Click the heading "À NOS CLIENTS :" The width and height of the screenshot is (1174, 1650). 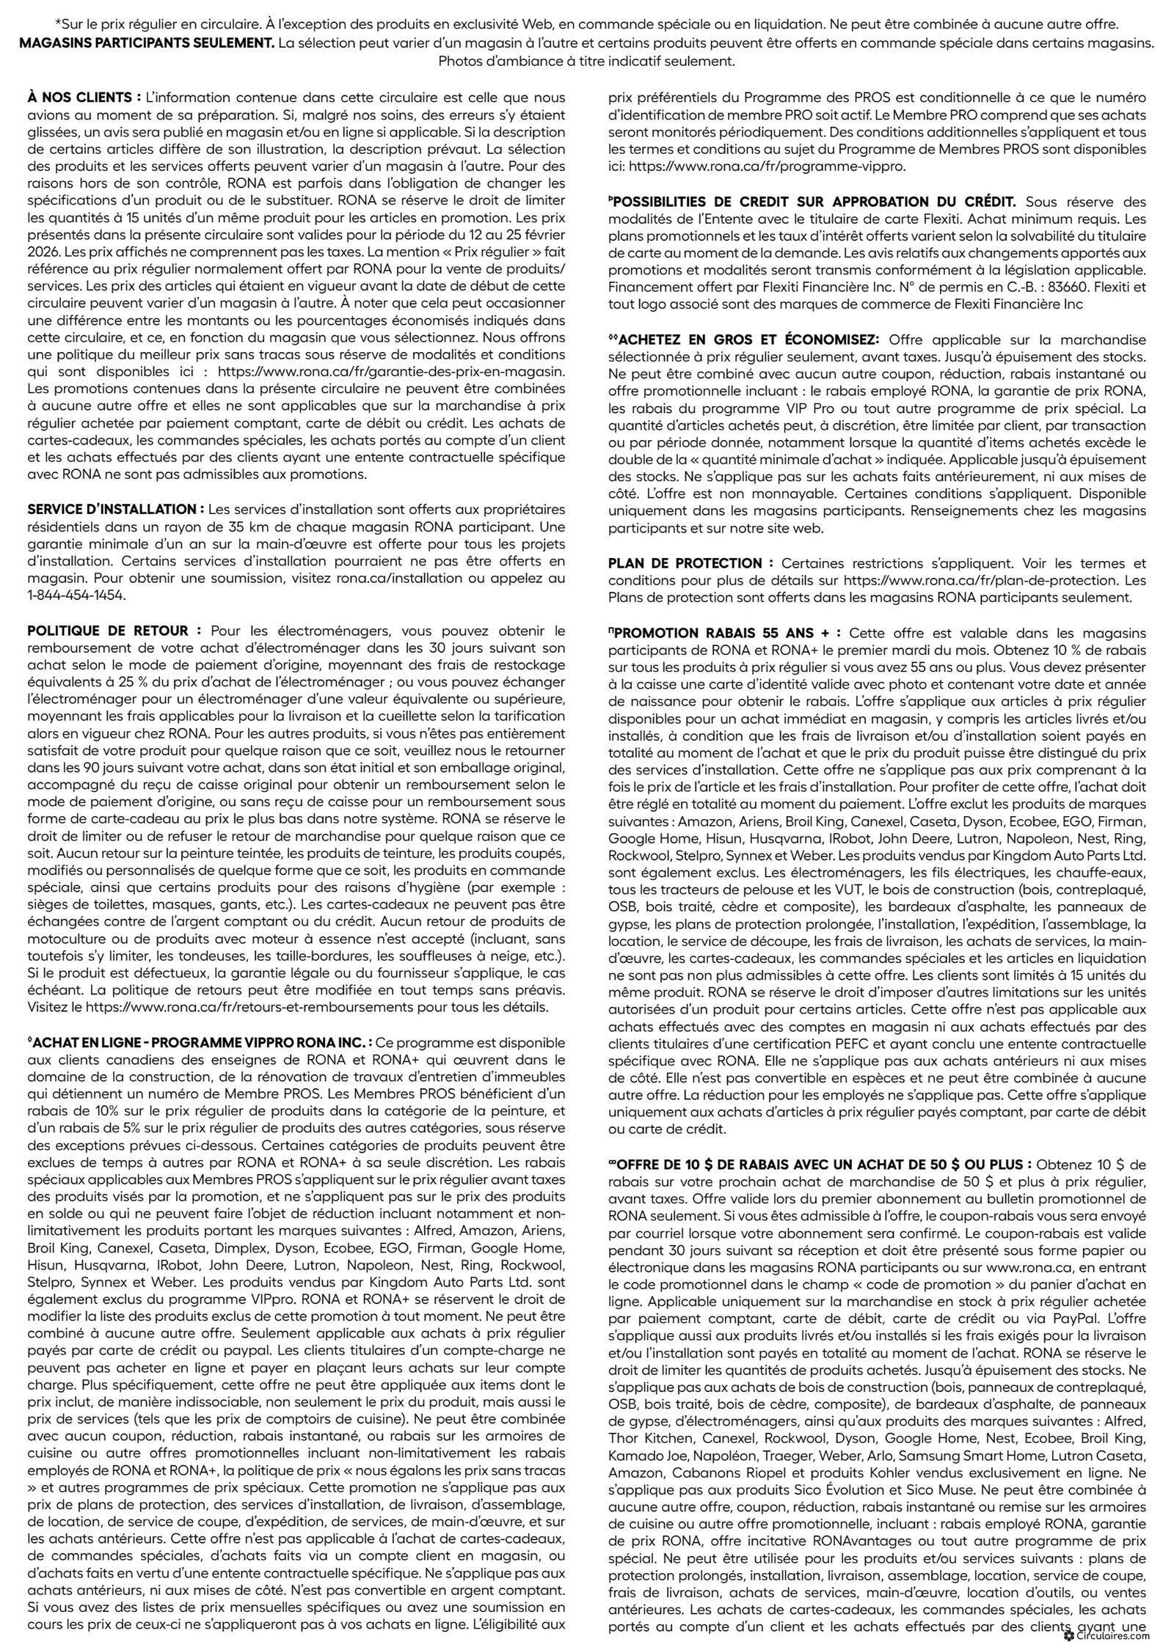(84, 97)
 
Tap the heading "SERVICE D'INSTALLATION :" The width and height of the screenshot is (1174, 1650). (116, 509)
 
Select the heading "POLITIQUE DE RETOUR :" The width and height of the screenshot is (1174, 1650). (114, 630)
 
